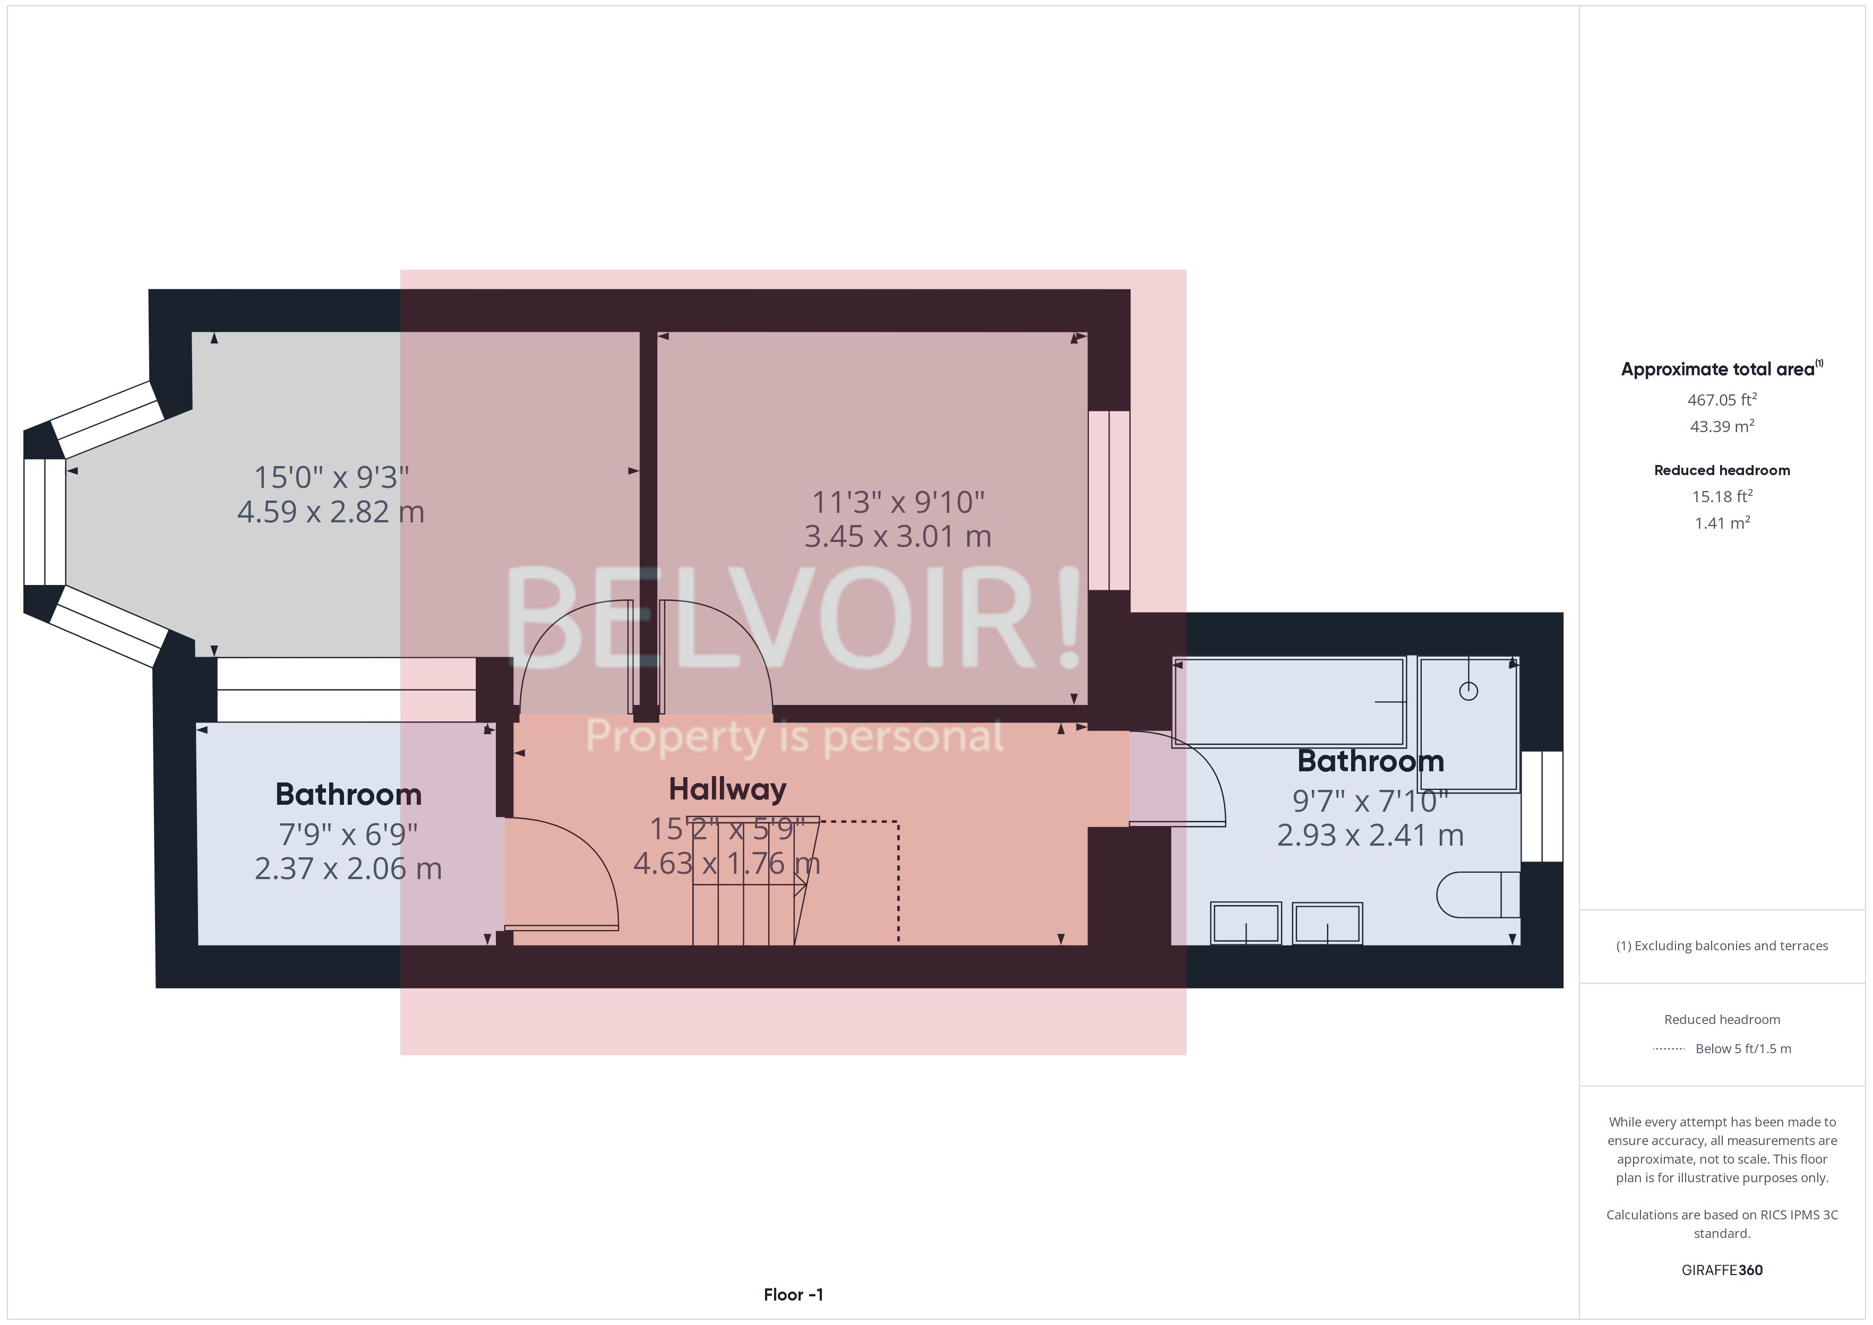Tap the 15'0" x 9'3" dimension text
pos(331,477)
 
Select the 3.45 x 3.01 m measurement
pos(897,537)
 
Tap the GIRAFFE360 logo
pos(1721,1269)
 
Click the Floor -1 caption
pos(793,1294)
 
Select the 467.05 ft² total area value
pos(1721,400)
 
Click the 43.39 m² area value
pos(1721,426)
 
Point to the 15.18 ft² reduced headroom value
pos(1721,496)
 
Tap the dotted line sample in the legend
pos(1668,1048)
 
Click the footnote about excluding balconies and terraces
pos(1721,945)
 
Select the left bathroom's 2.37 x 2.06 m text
pos(348,869)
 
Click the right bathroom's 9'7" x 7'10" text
pos(1370,801)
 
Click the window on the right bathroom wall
pos(1541,806)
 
